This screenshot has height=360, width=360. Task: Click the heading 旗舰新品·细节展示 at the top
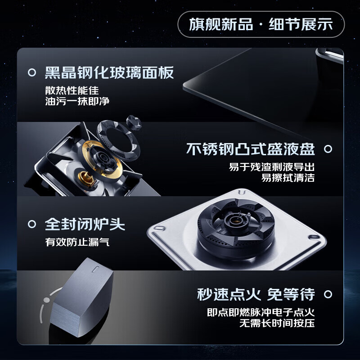pos(261,24)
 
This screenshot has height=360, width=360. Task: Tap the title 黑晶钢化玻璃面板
pos(109,72)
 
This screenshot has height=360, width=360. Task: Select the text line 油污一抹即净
pos(77,101)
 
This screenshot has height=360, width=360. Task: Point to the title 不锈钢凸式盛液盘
pos(250,149)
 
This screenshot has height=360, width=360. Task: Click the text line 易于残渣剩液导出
pos(271,166)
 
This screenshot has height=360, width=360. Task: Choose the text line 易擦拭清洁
pos(288,177)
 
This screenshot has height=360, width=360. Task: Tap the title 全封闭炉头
pos(85,224)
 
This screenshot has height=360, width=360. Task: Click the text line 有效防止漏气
pos(77,242)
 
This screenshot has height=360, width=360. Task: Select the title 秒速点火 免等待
pos(256,295)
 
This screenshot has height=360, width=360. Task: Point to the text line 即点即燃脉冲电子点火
pos(261,312)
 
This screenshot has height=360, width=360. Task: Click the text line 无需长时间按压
pos(277,323)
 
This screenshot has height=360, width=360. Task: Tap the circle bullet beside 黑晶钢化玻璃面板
pos(32,72)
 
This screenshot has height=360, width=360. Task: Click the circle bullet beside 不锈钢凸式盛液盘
pos(328,149)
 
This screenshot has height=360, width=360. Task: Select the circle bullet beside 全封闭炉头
pos(32,224)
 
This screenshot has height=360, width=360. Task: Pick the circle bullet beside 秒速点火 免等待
pos(328,295)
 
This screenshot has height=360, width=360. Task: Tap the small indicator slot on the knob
pos(95,270)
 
